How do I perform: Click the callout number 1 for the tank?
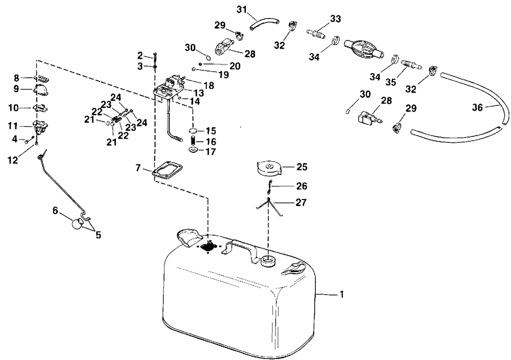pos(342,295)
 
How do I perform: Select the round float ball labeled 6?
pos(76,224)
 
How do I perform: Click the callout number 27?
pos(301,202)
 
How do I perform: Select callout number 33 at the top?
pos(335,19)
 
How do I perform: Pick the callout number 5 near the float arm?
pos(97,235)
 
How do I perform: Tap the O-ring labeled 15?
pos(193,131)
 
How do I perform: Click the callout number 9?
pos(17,89)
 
